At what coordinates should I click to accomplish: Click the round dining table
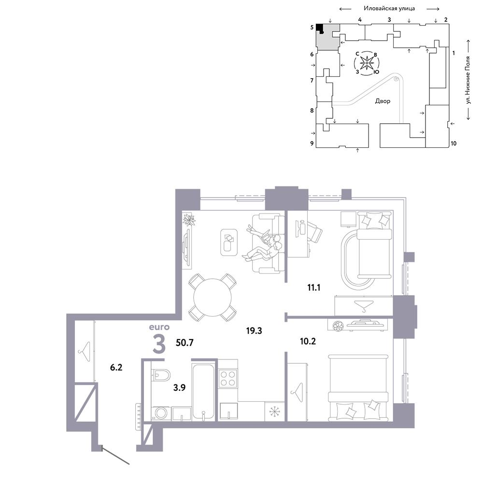212,297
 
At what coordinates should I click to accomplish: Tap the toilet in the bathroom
161,375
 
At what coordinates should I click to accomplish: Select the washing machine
161,413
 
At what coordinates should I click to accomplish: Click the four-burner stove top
227,378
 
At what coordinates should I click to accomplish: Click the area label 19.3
254,331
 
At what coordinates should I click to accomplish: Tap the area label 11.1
313,287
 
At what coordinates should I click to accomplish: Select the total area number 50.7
185,342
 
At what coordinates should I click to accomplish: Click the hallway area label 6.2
116,367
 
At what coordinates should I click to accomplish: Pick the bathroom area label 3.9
179,387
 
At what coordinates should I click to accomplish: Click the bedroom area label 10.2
308,341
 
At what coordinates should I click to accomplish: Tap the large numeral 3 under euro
159,344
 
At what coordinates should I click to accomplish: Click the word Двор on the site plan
383,101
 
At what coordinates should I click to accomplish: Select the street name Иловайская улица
389,8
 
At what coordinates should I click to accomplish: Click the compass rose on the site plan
367,63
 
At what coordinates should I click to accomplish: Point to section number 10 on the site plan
454,143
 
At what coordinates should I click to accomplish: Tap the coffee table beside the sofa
229,242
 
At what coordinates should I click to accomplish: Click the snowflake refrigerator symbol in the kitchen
274,411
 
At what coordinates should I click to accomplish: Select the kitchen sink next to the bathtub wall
228,412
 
